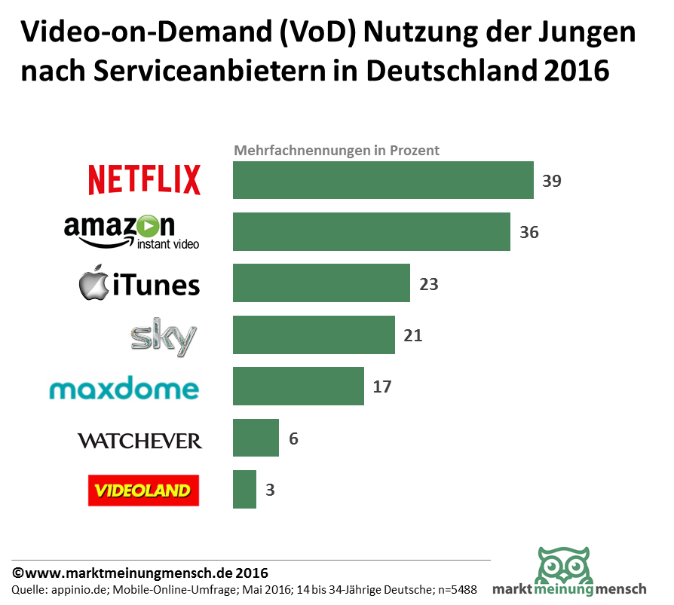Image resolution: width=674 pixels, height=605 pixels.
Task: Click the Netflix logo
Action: click(144, 180)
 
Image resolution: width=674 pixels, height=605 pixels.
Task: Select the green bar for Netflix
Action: click(383, 180)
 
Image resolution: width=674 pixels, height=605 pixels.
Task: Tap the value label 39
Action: click(552, 181)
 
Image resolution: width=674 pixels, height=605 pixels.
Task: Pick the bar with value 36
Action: click(371, 231)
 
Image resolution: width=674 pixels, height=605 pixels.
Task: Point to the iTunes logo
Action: click(139, 285)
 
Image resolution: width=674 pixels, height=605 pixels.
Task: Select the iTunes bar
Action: click(321, 283)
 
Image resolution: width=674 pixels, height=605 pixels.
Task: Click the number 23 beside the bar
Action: click(428, 284)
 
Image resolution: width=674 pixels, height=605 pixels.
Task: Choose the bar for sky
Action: click(314, 335)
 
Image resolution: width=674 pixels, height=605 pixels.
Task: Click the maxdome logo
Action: click(124, 389)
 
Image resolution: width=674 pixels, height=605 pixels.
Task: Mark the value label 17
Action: click(382, 387)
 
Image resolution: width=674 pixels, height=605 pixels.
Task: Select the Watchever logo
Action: click(139, 440)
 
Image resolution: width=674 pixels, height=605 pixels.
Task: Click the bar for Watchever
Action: click(256, 438)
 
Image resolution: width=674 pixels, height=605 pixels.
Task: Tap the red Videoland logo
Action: click(143, 490)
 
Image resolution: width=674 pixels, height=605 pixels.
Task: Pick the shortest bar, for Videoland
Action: click(244, 490)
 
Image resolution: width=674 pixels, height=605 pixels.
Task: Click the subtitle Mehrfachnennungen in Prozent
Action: click(336, 150)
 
